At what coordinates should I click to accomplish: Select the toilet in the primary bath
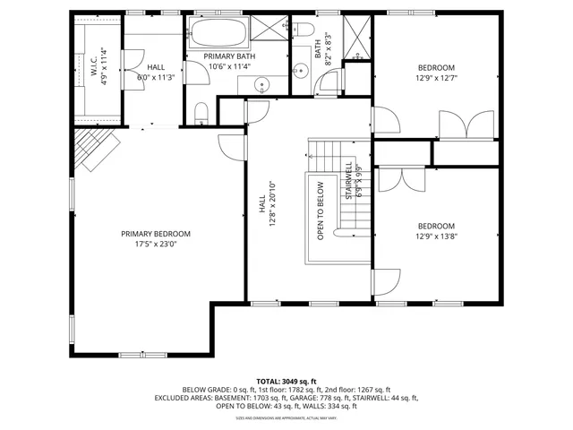[x=201, y=111]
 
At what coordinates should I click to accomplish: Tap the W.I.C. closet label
[x=94, y=66]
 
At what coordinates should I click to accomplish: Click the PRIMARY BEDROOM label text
[x=157, y=233]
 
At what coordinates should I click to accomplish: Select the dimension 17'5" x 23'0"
[x=157, y=243]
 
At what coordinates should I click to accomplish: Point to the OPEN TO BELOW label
[x=321, y=211]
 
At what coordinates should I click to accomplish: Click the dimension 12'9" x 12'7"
[x=436, y=78]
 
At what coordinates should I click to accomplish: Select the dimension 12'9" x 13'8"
[x=436, y=236]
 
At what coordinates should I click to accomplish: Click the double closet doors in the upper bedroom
[x=466, y=124]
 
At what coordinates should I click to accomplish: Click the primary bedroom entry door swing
[x=231, y=147]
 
